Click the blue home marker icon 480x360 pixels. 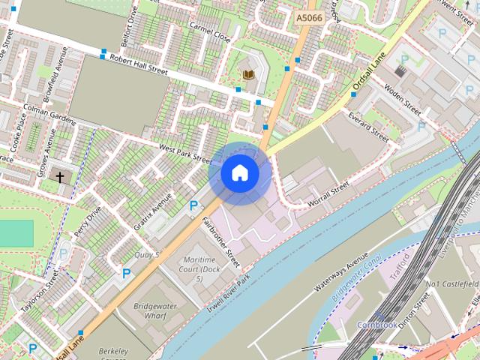click(239, 173)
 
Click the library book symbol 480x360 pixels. click(248, 74)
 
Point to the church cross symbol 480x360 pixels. click(61, 178)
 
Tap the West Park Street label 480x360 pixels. click(185, 152)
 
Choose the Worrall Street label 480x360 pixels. click(329, 194)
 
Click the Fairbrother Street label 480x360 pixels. click(220, 241)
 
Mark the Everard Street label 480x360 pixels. click(367, 127)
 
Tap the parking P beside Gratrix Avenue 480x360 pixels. click(194, 205)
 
